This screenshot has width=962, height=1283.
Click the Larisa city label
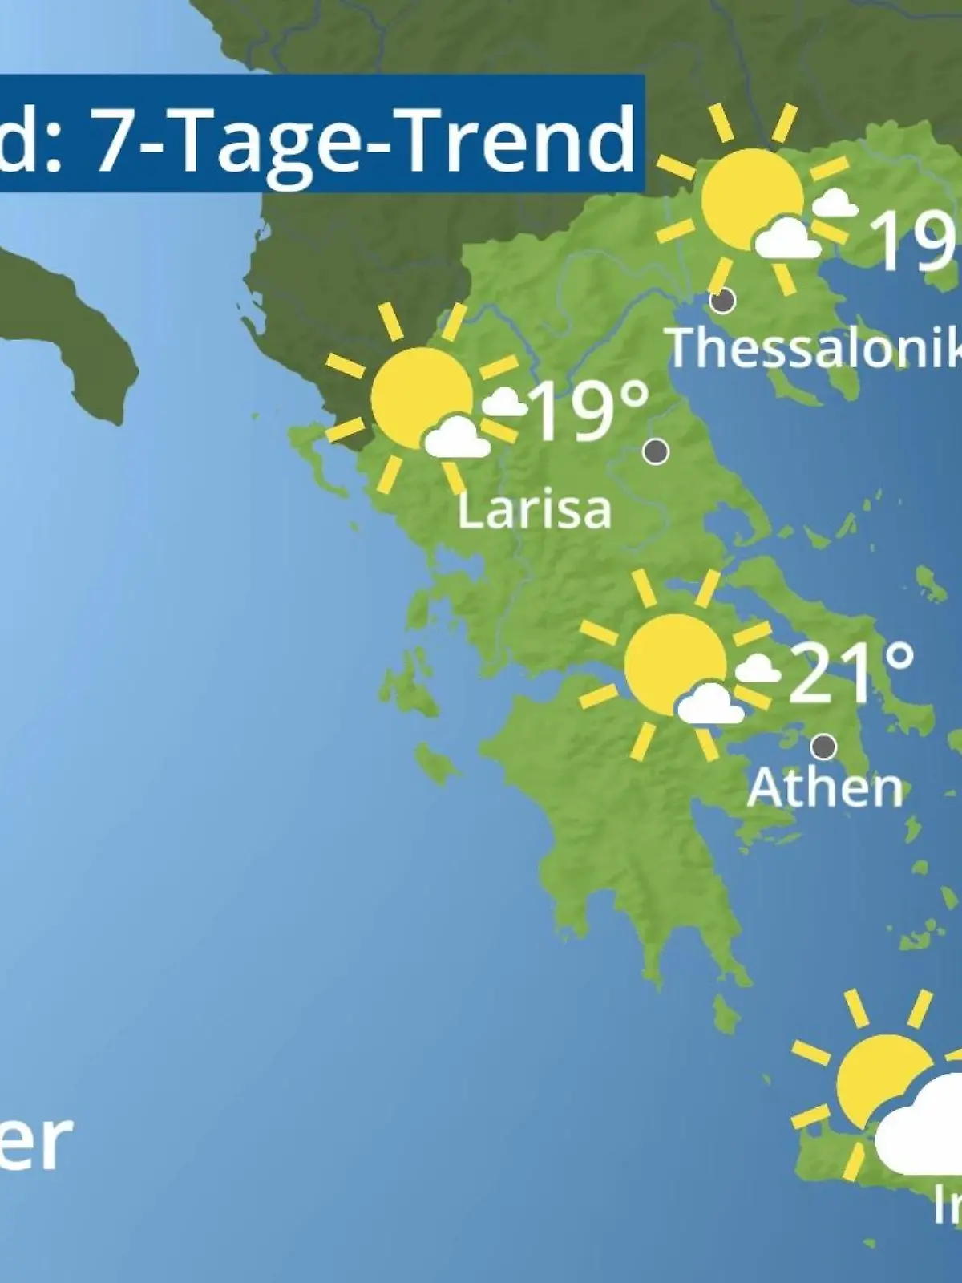[x=534, y=510]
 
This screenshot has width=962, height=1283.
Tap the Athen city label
[x=825, y=787]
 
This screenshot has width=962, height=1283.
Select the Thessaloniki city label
[x=814, y=348]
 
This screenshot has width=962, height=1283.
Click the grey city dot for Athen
[x=823, y=747]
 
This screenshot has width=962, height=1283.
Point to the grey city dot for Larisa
[x=656, y=451]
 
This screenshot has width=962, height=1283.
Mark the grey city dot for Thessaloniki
[x=722, y=301]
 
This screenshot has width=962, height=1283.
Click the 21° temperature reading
[x=851, y=672]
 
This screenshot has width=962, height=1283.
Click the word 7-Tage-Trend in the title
[x=365, y=139]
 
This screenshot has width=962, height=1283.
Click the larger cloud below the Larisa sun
[x=456, y=438]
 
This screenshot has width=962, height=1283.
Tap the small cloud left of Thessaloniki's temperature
[x=834, y=204]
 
